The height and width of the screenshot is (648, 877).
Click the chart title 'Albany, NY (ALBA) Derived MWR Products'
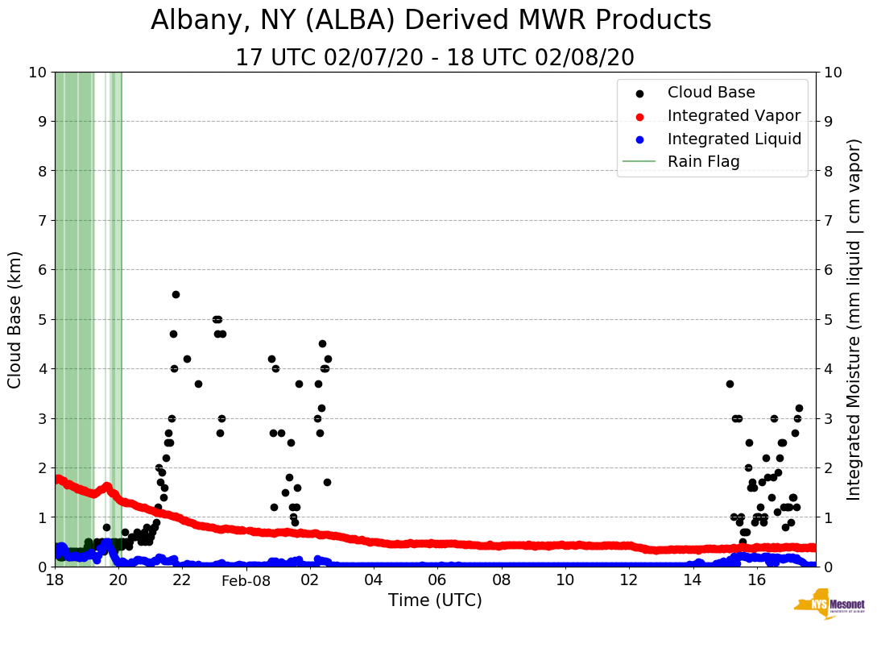[431, 20]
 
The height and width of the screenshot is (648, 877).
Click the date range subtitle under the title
[435, 58]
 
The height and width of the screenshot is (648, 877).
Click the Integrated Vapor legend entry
[734, 115]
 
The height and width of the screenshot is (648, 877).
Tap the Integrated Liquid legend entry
[734, 139]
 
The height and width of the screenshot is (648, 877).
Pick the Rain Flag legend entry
[703, 161]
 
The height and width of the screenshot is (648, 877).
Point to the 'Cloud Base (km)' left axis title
[15, 319]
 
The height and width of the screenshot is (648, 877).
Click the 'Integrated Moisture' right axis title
[854, 319]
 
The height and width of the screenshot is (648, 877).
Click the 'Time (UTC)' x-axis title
[435, 600]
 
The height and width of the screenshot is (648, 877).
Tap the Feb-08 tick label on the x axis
[246, 580]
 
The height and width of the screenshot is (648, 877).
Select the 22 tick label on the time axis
[182, 580]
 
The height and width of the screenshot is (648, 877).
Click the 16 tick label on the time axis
[756, 580]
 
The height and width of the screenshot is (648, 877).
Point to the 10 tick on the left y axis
[37, 72]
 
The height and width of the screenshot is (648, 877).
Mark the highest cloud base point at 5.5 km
[176, 294]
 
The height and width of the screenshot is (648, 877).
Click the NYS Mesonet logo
[829, 607]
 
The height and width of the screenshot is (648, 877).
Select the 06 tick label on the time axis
[437, 580]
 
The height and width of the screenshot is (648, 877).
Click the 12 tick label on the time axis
[628, 580]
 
